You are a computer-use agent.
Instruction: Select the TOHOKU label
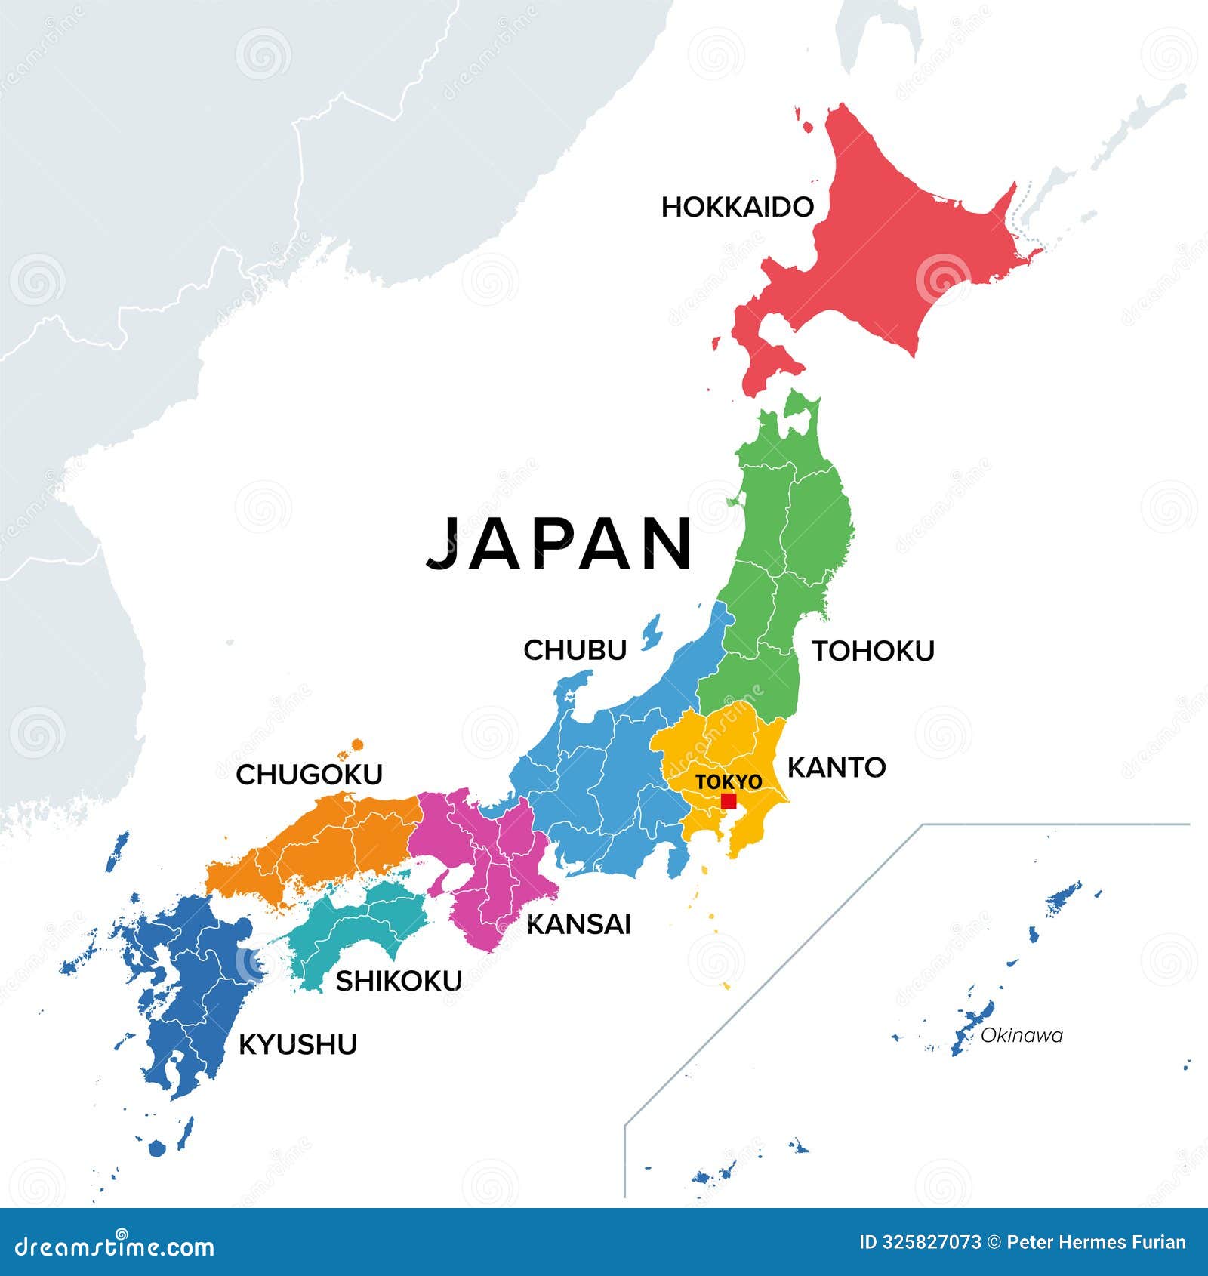pos(873,651)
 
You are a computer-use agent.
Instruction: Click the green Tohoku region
pos(785,544)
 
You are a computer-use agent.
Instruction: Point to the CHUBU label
pos(575,650)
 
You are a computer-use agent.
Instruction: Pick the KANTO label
pos(837,768)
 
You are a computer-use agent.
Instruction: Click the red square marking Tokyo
pos(729,801)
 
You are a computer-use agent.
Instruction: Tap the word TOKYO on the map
pos(729,782)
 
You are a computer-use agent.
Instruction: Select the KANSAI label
pos(578,924)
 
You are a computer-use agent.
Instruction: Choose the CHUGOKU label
pos(310,775)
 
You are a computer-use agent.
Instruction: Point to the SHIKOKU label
pos(399,981)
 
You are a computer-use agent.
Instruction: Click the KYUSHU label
pos(297,1045)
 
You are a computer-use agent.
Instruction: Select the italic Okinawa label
pos(1021,1036)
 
